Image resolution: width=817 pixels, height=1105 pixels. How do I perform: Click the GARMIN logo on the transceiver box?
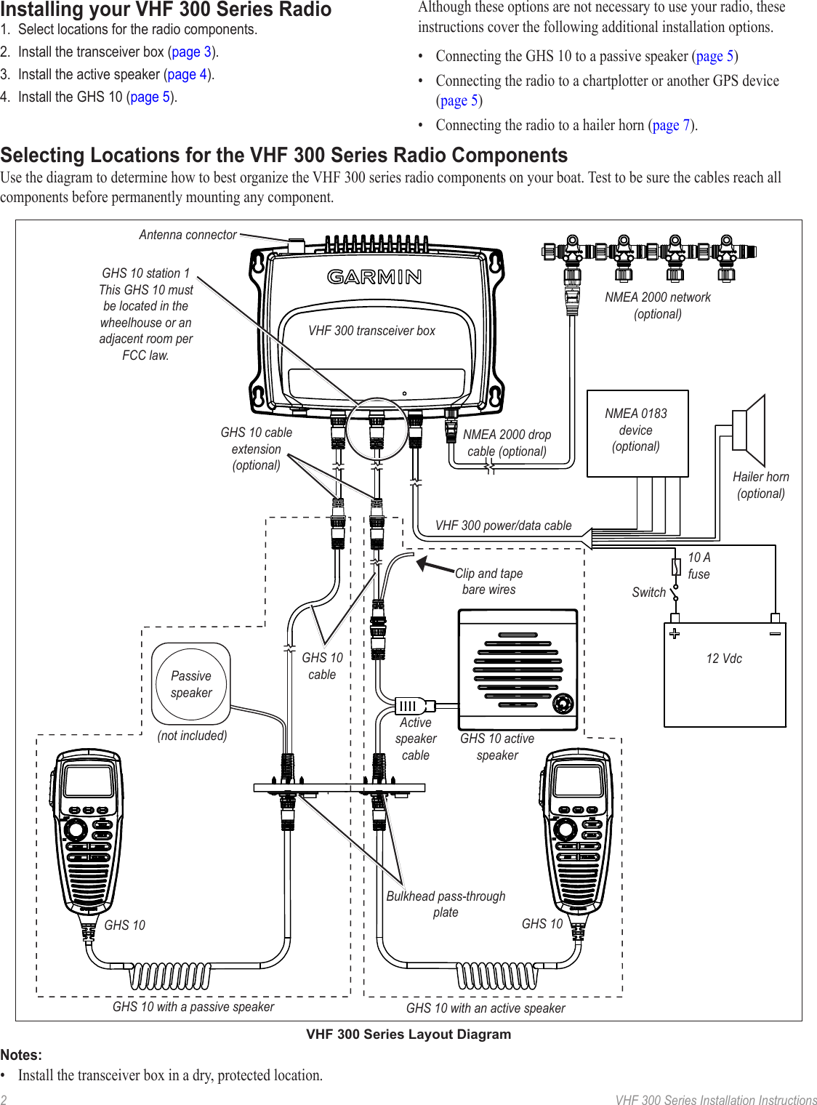pyautogui.click(x=374, y=277)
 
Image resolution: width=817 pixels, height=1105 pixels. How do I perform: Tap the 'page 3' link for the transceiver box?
pyautogui.click(x=192, y=52)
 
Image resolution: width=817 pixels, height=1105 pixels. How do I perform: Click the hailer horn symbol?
pyautogui.click(x=750, y=430)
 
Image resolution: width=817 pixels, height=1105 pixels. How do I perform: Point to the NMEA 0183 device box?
pyautogui.click(x=637, y=433)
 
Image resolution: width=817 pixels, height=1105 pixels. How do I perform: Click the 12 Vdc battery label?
pyautogui.click(x=724, y=659)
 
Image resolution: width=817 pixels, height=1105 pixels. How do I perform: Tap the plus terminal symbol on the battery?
pyautogui.click(x=675, y=633)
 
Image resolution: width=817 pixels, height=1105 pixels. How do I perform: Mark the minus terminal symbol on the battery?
pyautogui.click(x=775, y=633)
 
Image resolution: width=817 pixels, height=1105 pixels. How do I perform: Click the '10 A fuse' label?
pyautogui.click(x=699, y=566)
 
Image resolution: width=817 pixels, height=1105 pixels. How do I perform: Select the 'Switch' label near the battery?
pyautogui.click(x=648, y=592)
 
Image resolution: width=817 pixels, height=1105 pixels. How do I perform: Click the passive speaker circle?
pyautogui.click(x=191, y=684)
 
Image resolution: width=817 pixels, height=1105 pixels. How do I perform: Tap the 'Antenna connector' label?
pyautogui.click(x=188, y=235)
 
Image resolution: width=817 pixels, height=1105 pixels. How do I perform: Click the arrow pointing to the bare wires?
pyautogui.click(x=435, y=566)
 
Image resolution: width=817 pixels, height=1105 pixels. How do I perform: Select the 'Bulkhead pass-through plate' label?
pyautogui.click(x=446, y=904)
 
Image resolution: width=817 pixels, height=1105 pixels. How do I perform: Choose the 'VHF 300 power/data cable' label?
pyautogui.click(x=503, y=526)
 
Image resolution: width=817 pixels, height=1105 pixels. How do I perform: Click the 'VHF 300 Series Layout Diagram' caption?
pyautogui.click(x=408, y=1034)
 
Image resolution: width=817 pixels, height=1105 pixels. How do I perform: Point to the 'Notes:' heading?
pyautogui.click(x=21, y=1055)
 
